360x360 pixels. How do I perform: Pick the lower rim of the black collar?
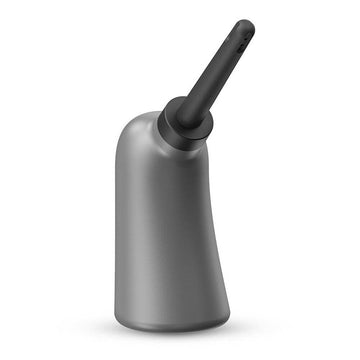180,140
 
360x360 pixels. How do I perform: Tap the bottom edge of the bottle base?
170,328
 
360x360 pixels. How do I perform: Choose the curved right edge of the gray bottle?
213,230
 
